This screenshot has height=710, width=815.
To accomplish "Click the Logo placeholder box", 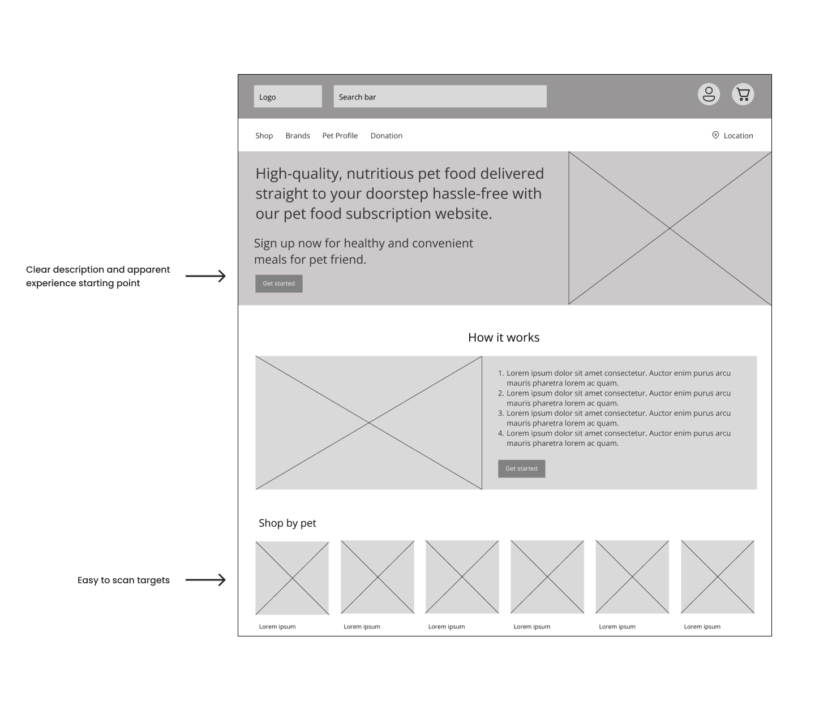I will pyautogui.click(x=288, y=97).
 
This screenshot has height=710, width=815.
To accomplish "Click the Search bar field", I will pyautogui.click(x=440, y=97).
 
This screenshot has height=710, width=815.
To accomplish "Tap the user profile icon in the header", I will pyautogui.click(x=709, y=94).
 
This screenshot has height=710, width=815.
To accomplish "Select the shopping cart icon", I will pyautogui.click(x=743, y=94).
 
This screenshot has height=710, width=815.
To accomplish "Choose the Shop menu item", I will pyautogui.click(x=264, y=136).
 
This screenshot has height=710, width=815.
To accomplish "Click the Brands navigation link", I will pyautogui.click(x=298, y=136).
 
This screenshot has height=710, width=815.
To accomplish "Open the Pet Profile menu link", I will pyautogui.click(x=340, y=136).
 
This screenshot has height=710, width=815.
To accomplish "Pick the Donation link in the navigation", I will pyautogui.click(x=386, y=136).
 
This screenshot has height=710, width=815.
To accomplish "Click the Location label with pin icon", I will pyautogui.click(x=732, y=136).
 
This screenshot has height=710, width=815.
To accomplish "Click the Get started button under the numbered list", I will pyautogui.click(x=521, y=468).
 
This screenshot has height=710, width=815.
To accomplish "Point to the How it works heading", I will pyautogui.click(x=504, y=338).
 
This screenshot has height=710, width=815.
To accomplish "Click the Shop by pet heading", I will pyautogui.click(x=287, y=523).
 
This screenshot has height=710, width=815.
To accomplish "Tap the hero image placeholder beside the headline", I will pyautogui.click(x=670, y=228).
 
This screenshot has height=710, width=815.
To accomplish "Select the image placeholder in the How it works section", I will pyautogui.click(x=368, y=423).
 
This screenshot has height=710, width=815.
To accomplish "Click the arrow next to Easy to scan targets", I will pyautogui.click(x=205, y=580).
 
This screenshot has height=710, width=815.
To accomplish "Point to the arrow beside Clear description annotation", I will pyautogui.click(x=205, y=276).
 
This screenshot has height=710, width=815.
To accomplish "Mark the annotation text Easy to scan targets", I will pyautogui.click(x=123, y=580).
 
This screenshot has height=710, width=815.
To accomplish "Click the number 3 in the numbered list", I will pyautogui.click(x=500, y=414).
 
